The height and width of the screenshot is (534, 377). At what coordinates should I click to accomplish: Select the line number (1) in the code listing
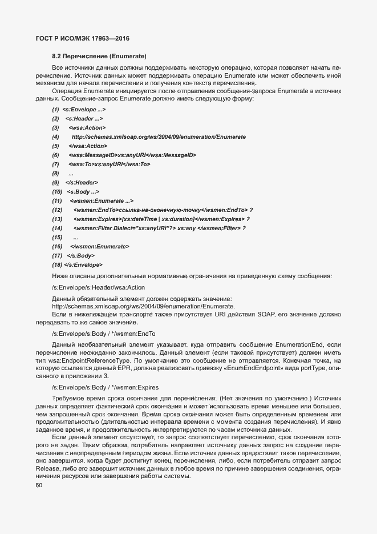coord(55,109)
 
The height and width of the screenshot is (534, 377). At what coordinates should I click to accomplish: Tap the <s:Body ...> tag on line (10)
coord(84,191)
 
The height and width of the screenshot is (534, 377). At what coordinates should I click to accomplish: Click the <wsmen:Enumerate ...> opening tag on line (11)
coord(102,200)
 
